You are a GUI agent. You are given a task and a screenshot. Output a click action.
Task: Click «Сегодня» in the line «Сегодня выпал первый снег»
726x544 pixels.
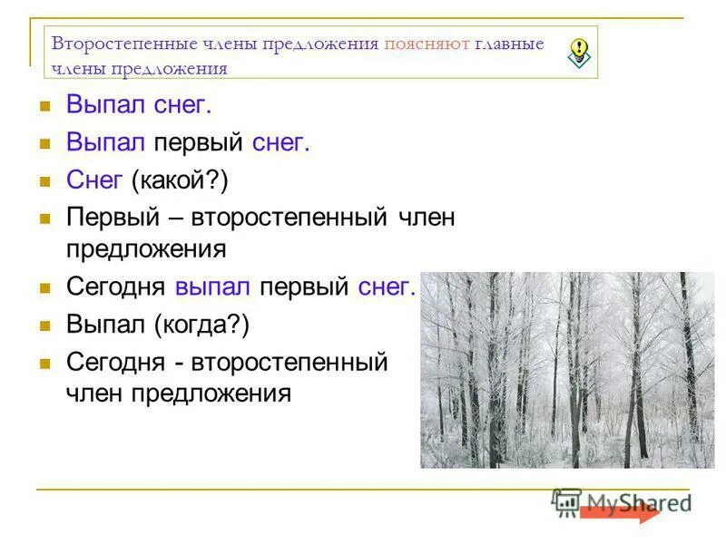point(115,287)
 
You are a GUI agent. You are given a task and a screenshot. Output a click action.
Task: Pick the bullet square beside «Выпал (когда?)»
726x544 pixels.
point(43,325)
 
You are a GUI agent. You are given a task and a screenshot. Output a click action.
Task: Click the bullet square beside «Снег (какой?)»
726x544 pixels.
point(43,180)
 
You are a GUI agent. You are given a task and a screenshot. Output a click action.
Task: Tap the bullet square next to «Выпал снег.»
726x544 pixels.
point(43,106)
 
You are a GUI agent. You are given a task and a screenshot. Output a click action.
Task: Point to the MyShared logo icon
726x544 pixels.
point(567,502)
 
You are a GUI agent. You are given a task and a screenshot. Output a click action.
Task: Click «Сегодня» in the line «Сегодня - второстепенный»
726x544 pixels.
point(115,362)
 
